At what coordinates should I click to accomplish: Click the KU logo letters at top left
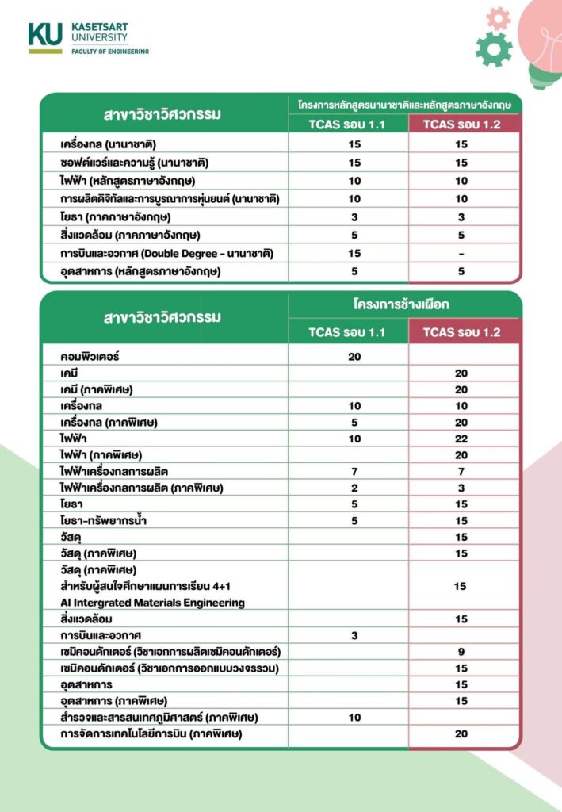point(45,33)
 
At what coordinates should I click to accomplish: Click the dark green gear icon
point(493,49)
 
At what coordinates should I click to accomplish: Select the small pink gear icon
point(499,17)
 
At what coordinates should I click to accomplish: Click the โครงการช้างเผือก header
point(404,304)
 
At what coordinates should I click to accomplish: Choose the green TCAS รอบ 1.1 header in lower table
point(347,331)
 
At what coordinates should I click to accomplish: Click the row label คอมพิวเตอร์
point(95,356)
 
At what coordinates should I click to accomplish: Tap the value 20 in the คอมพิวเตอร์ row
point(354,356)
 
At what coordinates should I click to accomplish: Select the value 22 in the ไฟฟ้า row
point(461,439)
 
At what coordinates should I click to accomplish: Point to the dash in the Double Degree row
point(461,254)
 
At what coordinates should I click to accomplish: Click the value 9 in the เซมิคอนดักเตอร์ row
point(461,652)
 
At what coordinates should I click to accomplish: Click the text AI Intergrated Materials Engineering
point(153,602)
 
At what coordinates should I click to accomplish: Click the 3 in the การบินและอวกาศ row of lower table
point(354,635)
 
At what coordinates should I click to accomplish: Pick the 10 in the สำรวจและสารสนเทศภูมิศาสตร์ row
point(354,718)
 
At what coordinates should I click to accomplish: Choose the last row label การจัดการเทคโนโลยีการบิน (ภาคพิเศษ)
point(151,734)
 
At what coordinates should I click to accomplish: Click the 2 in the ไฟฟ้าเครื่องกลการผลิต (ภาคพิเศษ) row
point(354,488)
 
